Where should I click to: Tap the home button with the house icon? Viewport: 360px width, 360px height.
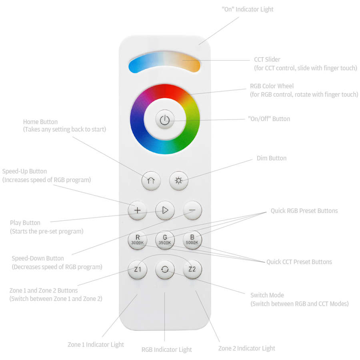[x=151, y=181]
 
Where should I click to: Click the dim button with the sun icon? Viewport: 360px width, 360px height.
[x=179, y=181]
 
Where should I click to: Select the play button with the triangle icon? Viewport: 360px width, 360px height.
[x=165, y=210]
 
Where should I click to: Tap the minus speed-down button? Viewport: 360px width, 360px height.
[x=192, y=210]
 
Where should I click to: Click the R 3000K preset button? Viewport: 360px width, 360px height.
[x=137, y=240]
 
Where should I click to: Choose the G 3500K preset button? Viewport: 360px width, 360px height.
[x=165, y=240]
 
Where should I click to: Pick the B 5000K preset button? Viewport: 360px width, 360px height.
[x=192, y=240]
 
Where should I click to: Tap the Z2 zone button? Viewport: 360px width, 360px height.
[x=192, y=269]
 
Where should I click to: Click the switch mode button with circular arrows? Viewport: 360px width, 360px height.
[x=165, y=269]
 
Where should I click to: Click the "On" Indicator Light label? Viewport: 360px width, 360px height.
[x=248, y=10]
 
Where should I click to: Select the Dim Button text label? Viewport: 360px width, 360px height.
[x=272, y=158]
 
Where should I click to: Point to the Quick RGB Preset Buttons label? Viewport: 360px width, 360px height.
[x=304, y=211]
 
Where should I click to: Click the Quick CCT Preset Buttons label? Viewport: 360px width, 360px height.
[x=299, y=262]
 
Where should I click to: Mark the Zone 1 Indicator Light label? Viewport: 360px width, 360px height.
[x=96, y=345]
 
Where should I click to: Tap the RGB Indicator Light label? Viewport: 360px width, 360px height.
[x=166, y=350]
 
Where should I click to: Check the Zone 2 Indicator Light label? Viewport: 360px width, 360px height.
[x=246, y=348]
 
